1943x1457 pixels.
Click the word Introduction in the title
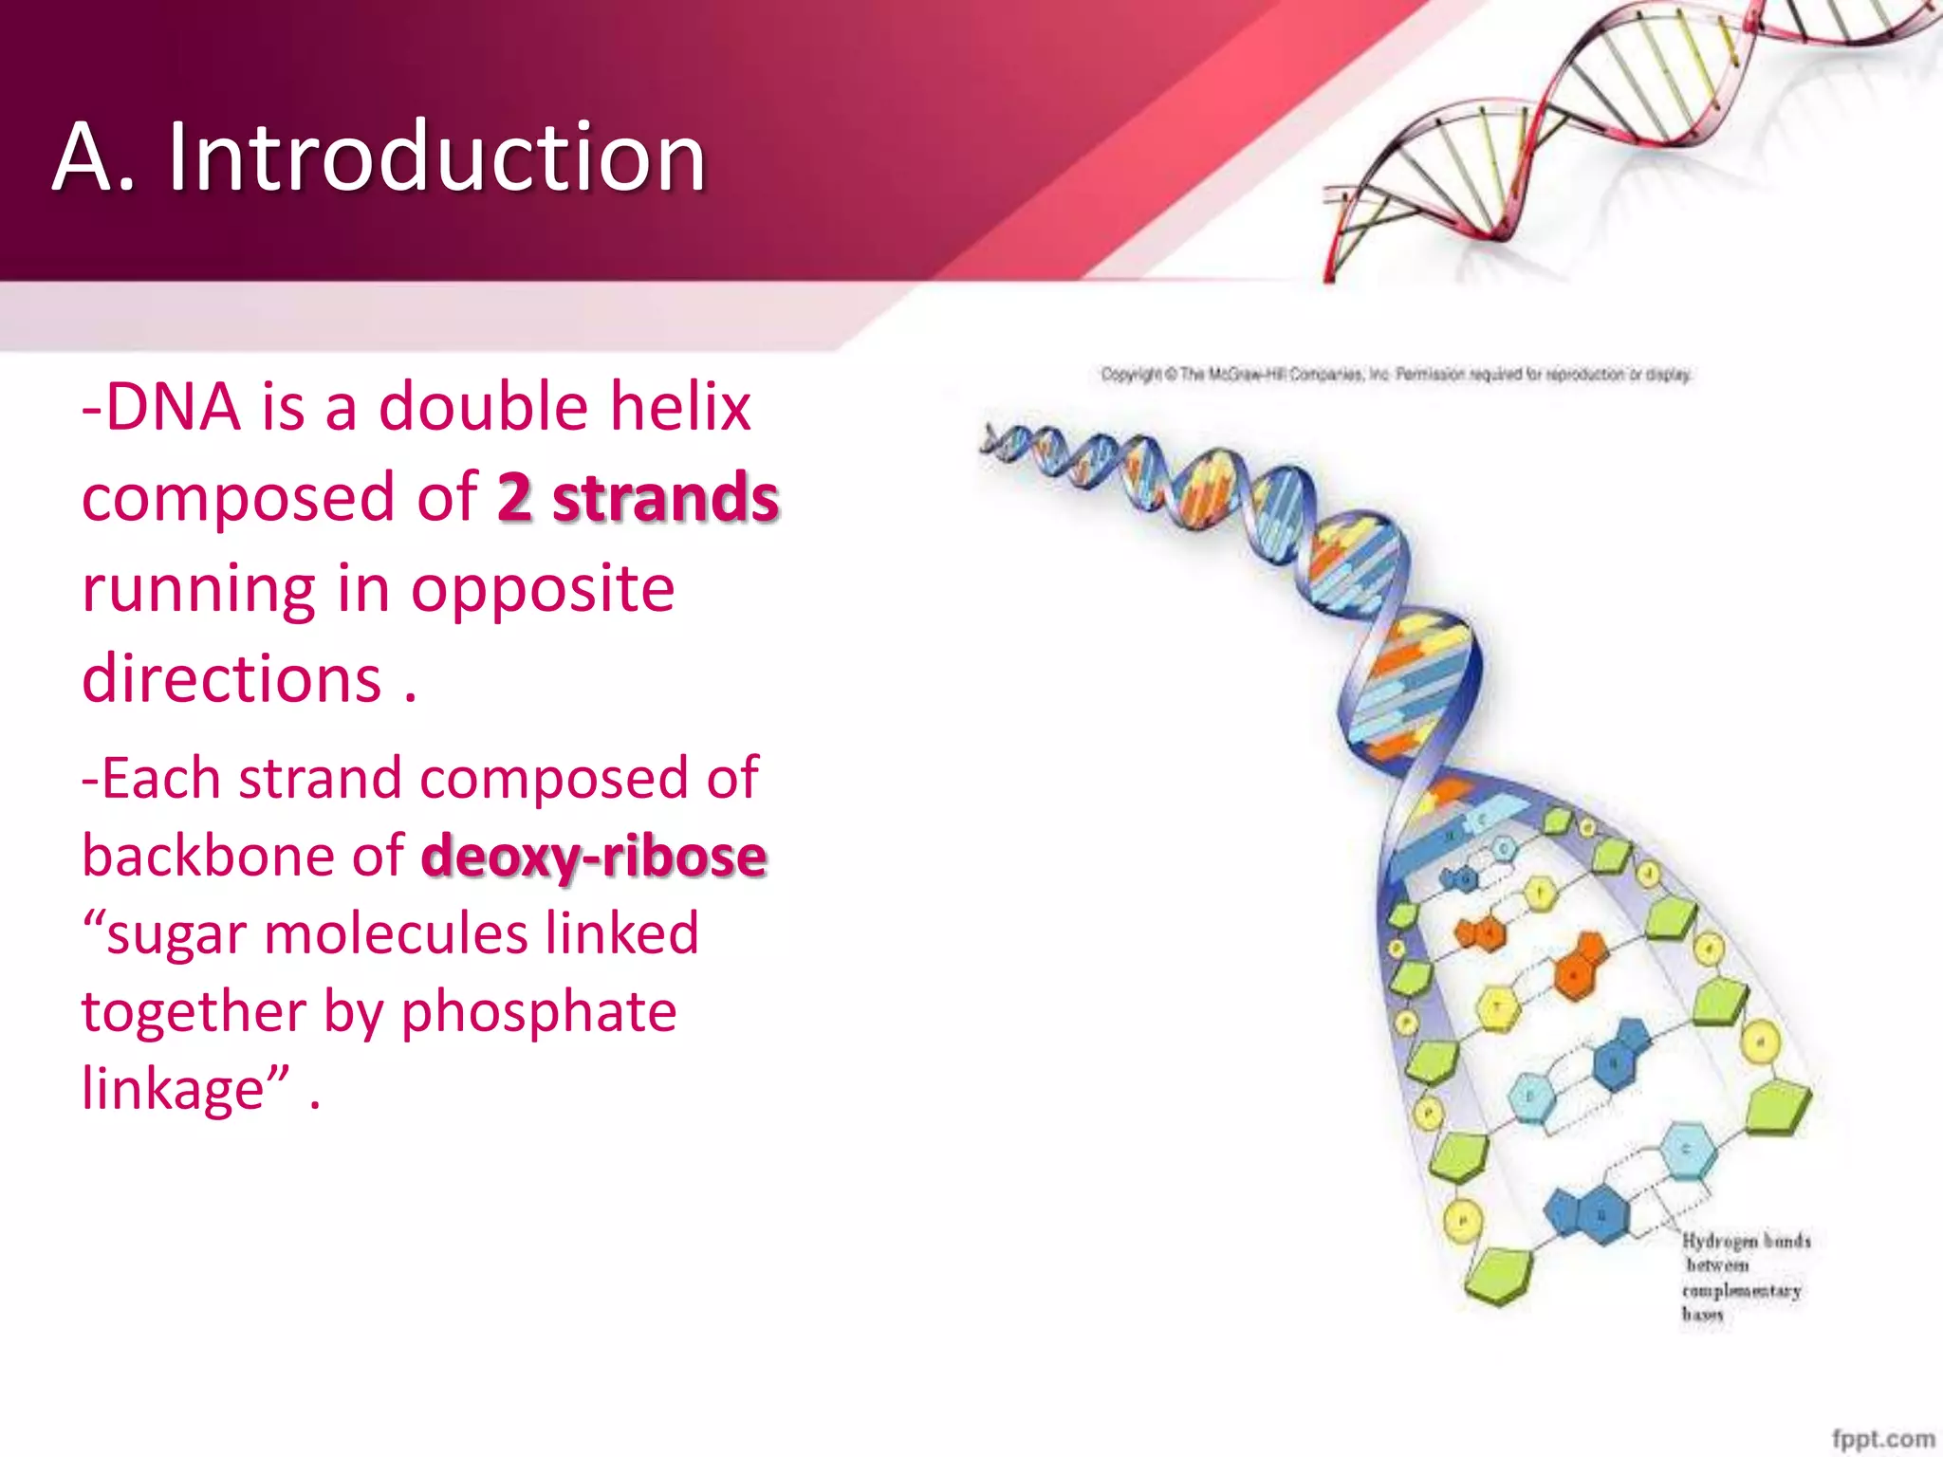[436, 157]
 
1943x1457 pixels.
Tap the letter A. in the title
[95, 157]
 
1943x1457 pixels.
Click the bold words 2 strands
[638, 498]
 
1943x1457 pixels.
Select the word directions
[231, 679]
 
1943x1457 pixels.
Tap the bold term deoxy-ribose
[594, 856]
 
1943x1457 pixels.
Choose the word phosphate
[538, 1011]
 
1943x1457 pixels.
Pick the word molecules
[396, 933]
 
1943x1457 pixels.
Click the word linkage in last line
[173, 1089]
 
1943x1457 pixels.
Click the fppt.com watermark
[1882, 1438]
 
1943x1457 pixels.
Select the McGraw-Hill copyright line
[1396, 375]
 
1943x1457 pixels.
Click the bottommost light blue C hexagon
[1686, 1150]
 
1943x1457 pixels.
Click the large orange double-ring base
[1579, 968]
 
